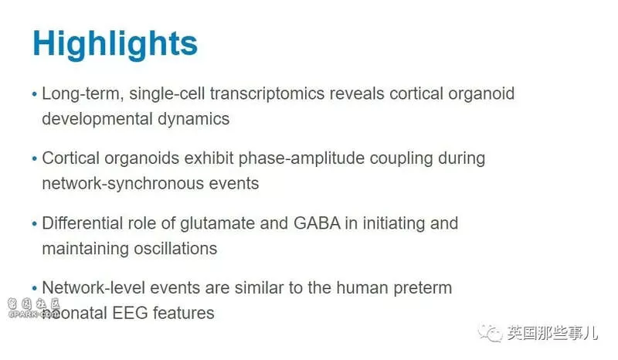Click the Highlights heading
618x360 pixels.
pos(114,44)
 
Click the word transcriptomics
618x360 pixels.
pos(267,94)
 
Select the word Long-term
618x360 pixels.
pos(83,94)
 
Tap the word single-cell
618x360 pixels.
pos(167,94)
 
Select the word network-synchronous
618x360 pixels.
pos(123,184)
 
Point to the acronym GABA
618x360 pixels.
pos(317,223)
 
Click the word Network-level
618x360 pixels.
pos(93,288)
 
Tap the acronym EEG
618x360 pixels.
pos(130,314)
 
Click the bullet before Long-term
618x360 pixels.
pos(34,94)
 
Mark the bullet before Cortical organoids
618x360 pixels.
pos(34,159)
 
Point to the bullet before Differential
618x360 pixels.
pos(34,224)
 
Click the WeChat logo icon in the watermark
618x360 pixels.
pos(491,334)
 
